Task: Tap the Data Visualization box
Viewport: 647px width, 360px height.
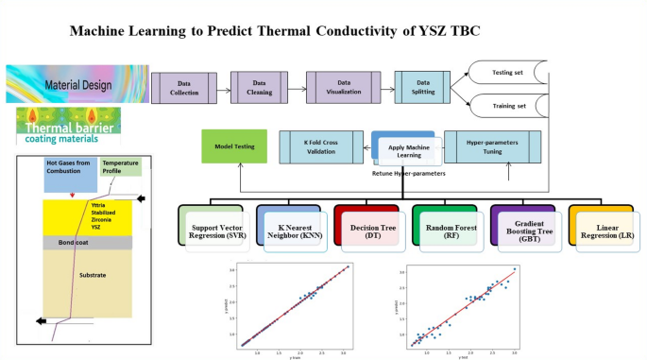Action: click(345, 88)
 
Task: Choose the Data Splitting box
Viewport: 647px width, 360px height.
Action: click(425, 88)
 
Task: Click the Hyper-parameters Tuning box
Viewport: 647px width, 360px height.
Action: click(491, 146)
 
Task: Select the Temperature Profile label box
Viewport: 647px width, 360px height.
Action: click(119, 166)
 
